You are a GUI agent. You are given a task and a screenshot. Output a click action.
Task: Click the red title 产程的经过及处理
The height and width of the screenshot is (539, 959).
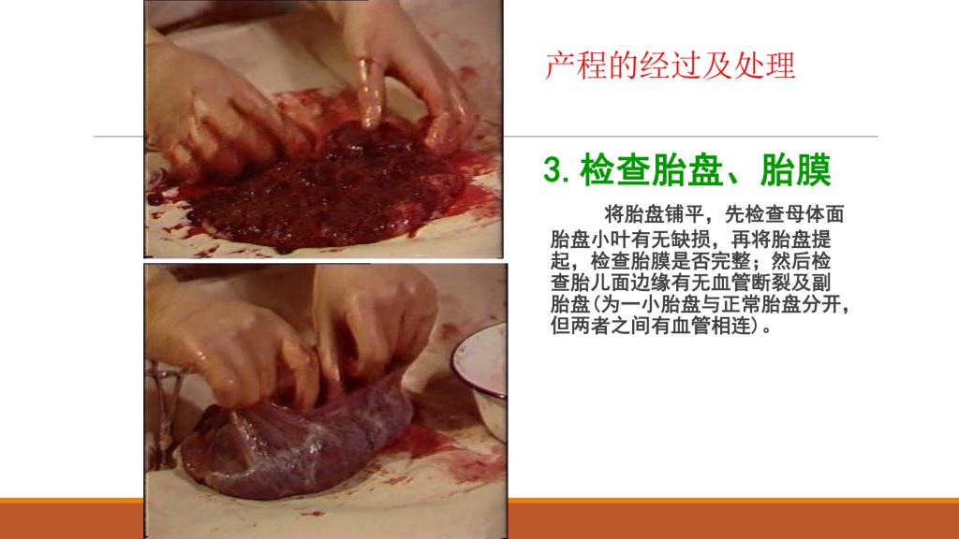(670, 66)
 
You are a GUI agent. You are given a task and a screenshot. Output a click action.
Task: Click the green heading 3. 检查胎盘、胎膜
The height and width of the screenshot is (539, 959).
(686, 170)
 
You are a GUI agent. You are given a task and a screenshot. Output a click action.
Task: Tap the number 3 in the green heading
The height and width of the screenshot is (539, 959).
(553, 170)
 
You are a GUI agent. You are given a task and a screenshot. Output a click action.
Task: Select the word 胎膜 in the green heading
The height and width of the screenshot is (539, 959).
(796, 170)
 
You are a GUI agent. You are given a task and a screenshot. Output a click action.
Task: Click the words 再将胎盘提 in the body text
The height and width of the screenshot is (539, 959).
(781, 239)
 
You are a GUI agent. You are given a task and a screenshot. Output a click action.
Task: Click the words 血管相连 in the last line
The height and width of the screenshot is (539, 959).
(711, 326)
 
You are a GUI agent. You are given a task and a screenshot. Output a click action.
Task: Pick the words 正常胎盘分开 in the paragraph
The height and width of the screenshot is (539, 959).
(781, 304)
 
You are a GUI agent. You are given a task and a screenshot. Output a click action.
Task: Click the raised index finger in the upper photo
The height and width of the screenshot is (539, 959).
(371, 93)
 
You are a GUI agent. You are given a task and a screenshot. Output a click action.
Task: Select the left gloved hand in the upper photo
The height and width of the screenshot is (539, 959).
(211, 107)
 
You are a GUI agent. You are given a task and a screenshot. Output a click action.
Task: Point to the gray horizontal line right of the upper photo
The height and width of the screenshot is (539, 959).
(690, 137)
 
